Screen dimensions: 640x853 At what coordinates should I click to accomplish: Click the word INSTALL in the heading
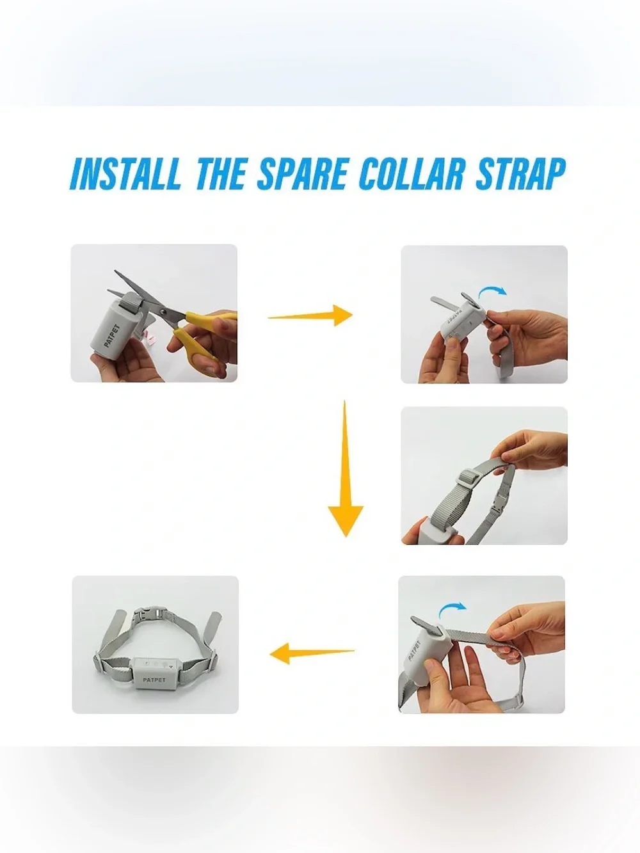pyautogui.click(x=125, y=173)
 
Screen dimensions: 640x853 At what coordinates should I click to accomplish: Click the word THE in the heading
pyautogui.click(x=221, y=173)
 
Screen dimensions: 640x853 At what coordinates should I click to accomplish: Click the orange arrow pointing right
pyautogui.click(x=310, y=316)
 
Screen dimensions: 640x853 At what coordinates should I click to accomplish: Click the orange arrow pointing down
pyautogui.click(x=345, y=468)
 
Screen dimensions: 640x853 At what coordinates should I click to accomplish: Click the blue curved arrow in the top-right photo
pyautogui.click(x=492, y=291)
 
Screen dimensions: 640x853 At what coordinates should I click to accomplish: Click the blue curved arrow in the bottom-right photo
pyautogui.click(x=452, y=612)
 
